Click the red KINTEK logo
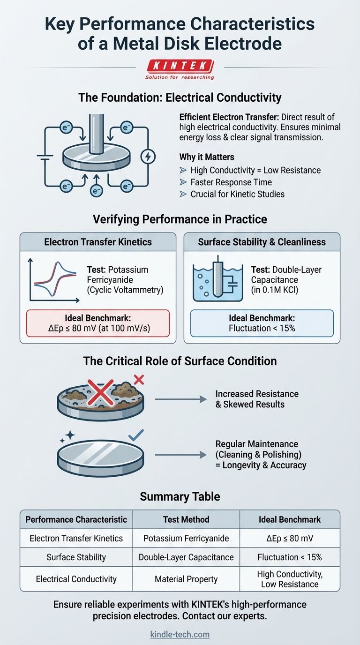180,66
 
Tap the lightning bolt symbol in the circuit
148,157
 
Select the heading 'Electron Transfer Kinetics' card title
98,242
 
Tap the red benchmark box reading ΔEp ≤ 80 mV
98,323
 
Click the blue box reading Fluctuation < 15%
262,323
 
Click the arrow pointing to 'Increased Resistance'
180,399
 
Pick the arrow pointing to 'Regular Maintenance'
180,454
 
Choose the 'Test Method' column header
186,519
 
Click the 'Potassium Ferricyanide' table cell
186,538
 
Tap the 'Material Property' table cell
186,579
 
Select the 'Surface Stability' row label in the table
76,557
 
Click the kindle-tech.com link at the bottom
180,635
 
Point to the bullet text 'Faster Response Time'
231,182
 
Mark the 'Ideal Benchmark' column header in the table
289,519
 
